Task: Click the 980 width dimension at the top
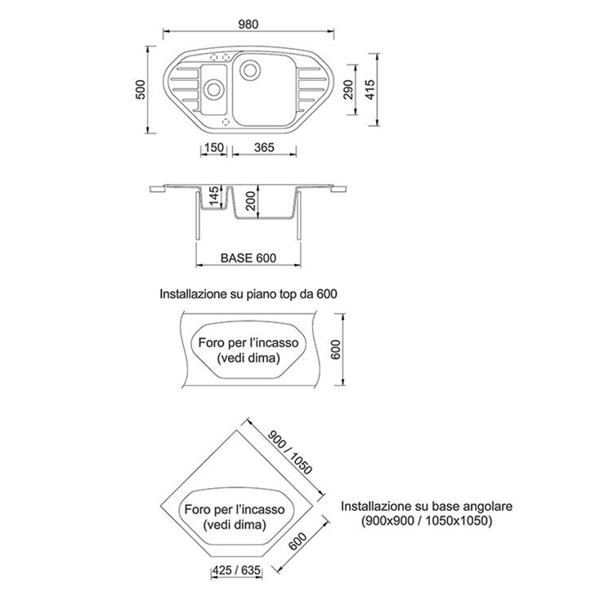[x=248, y=25]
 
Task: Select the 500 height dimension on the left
[x=141, y=90]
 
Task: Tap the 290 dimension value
[x=348, y=90]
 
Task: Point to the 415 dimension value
[x=369, y=90]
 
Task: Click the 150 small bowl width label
[x=214, y=147]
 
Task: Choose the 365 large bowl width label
[x=264, y=147]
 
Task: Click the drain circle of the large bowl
[x=249, y=70]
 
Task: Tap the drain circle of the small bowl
[x=213, y=89]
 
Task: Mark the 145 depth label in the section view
[x=213, y=195]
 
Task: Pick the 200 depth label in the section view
[x=251, y=201]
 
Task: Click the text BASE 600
[x=248, y=258]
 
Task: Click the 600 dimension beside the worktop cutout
[x=335, y=350]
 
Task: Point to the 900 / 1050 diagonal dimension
[x=290, y=452]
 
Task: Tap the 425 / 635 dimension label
[x=236, y=570]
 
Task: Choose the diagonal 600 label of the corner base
[x=298, y=541]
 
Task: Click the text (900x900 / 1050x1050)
[x=427, y=521]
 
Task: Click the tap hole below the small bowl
[x=226, y=122]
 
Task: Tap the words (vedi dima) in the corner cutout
[x=235, y=525]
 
